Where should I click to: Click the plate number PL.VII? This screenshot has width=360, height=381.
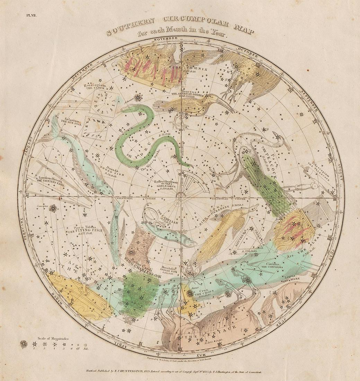coord(27,15)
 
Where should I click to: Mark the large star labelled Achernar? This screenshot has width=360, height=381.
coord(139,98)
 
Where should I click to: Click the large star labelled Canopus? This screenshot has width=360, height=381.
coord(53,209)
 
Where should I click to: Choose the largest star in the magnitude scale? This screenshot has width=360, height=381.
coord(24,344)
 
